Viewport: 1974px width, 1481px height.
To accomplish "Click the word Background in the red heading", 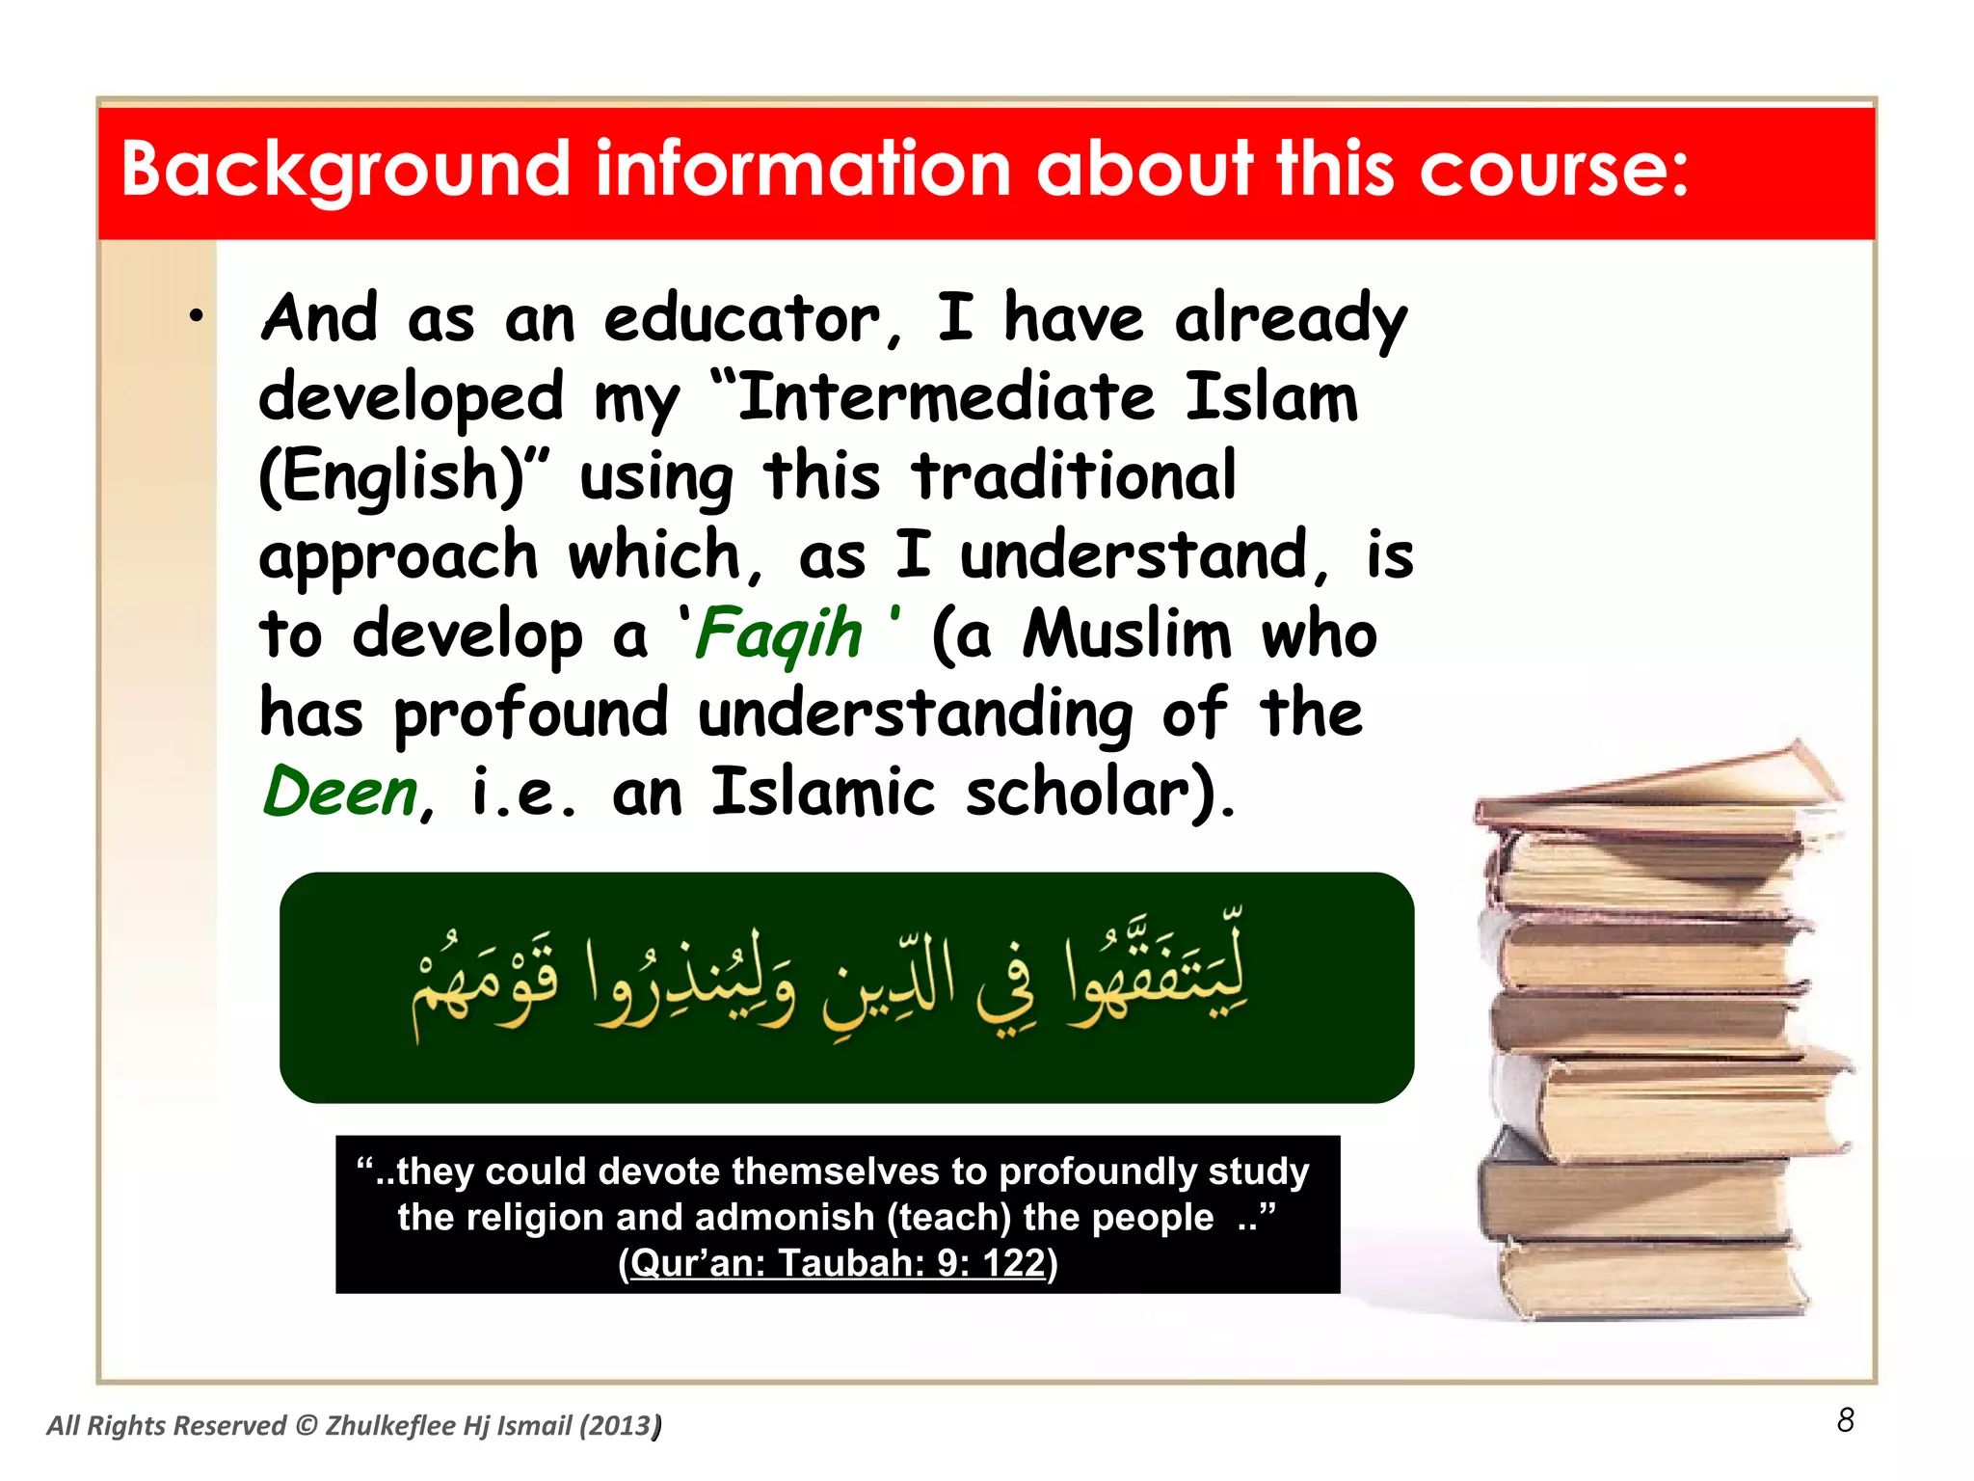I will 345,171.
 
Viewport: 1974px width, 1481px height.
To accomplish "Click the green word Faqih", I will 779,634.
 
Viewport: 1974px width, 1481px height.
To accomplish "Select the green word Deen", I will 340,793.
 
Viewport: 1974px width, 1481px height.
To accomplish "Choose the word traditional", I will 1075,476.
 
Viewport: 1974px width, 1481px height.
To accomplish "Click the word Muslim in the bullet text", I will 1128,634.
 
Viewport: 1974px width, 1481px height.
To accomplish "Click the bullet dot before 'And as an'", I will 197,315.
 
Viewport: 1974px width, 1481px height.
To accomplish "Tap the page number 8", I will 1845,1420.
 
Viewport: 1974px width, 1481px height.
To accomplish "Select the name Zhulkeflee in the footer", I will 389,1426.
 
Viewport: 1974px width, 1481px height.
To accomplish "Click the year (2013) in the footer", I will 619,1426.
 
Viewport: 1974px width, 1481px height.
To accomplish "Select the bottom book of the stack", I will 1653,1278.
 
